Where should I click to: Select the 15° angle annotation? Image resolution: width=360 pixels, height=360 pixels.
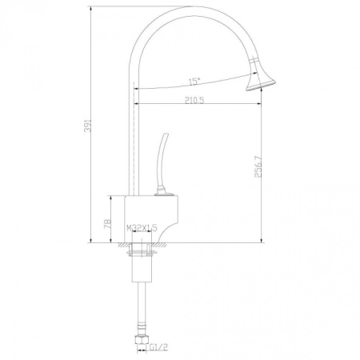click(x=194, y=82)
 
